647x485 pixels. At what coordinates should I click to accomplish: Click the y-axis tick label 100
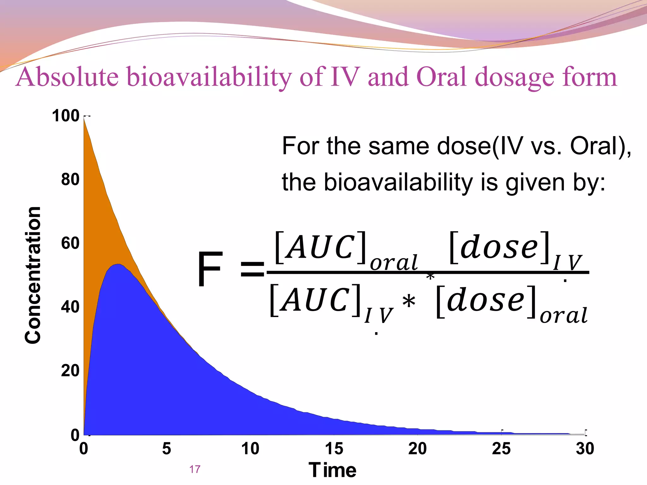(66, 116)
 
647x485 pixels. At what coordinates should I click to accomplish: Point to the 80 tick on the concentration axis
(70, 179)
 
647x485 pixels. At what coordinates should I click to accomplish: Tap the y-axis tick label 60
(70, 243)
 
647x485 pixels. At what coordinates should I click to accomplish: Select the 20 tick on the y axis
(70, 370)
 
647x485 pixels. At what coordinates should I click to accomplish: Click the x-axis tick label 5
(166, 448)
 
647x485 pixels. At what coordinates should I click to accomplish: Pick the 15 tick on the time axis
(334, 448)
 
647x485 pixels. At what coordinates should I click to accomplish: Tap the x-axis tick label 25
(501, 448)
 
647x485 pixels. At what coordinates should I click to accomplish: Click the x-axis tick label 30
(585, 448)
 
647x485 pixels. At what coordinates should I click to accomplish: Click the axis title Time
(332, 470)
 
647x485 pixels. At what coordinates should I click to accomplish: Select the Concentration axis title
(33, 275)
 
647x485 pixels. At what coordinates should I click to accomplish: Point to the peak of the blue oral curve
(118, 264)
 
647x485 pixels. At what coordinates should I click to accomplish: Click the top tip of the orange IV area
(84, 119)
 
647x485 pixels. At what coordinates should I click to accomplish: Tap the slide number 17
(195, 469)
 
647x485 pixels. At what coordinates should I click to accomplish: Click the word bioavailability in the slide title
(209, 77)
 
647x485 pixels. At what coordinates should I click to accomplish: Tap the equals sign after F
(252, 269)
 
